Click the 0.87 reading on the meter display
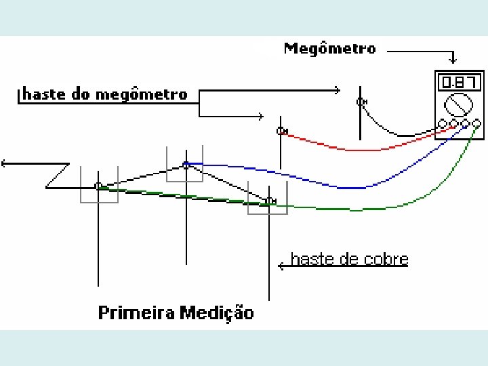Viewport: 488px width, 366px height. (x=454, y=83)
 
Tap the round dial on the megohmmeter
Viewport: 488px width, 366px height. (x=458, y=105)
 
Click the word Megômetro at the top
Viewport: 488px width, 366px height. (x=329, y=49)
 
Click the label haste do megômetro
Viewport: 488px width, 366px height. (x=104, y=94)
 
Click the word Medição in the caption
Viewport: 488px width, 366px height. (x=218, y=312)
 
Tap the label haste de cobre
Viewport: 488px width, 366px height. (x=349, y=259)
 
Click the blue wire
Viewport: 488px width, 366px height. (x=339, y=184)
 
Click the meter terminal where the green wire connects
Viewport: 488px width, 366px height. (x=476, y=124)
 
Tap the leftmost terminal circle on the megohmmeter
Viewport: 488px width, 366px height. (x=443, y=124)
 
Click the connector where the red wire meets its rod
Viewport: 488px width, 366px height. (x=281, y=131)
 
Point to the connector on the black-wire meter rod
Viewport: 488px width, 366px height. (x=361, y=102)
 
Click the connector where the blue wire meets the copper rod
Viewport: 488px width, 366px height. (x=186, y=164)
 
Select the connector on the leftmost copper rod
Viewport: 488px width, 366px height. (x=98, y=185)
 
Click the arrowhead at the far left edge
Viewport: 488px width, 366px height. (x=4, y=163)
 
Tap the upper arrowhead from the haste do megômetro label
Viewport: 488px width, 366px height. (x=337, y=89)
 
